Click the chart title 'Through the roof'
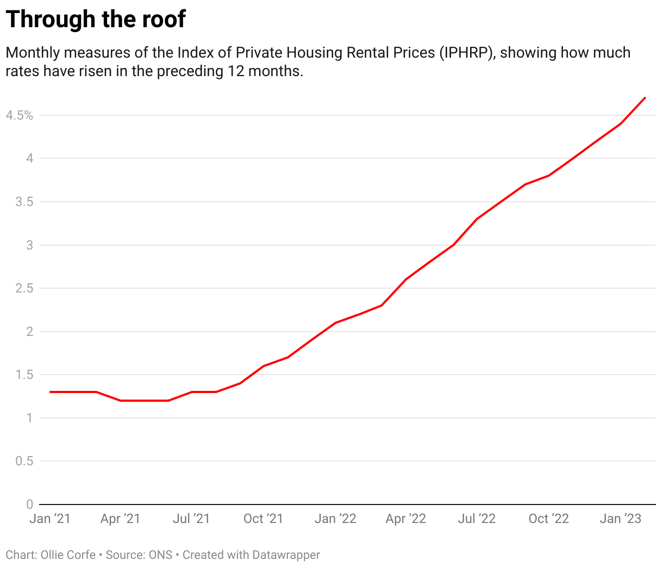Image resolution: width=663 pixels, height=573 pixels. pos(96,20)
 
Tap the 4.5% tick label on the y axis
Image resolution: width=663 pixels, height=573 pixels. pos(20,115)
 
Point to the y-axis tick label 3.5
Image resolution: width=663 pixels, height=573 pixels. pos(24,202)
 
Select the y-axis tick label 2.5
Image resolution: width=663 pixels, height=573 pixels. pos(24,288)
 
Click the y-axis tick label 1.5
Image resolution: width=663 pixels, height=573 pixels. pos(24,375)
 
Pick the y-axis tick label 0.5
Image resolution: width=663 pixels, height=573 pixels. pos(24,461)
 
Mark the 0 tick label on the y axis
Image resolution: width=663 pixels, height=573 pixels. pos(30,505)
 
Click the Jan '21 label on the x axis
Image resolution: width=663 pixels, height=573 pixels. pos(50,519)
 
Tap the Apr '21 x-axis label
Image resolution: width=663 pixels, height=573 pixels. pos(120,519)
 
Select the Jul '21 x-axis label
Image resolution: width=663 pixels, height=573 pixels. pos(191,519)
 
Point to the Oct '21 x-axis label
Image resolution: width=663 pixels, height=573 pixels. pos(263,519)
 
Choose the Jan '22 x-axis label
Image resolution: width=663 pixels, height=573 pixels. pos(335,519)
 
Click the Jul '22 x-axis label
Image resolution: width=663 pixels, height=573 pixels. pos(477,519)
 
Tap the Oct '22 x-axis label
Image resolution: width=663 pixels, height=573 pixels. pos(548,519)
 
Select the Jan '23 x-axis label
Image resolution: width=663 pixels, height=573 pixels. pos(621,519)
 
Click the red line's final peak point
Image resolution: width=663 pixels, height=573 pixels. pos(645,98)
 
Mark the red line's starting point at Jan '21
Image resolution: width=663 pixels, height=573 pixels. pos(50,392)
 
